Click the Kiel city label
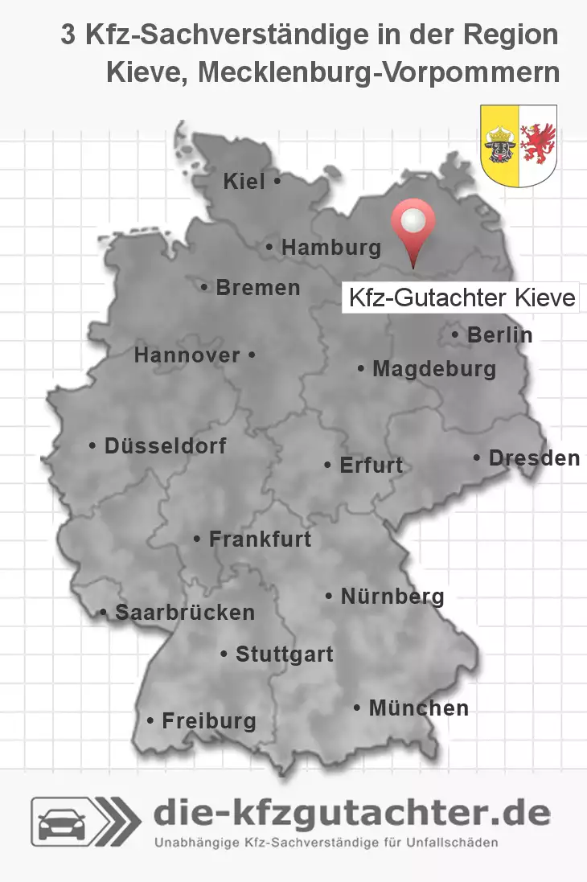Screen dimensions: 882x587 [x=244, y=183]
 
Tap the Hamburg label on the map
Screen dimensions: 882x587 [x=330, y=248]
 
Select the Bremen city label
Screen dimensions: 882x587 [x=257, y=288]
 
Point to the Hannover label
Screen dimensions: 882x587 [x=187, y=355]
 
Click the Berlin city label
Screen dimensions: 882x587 [x=499, y=335]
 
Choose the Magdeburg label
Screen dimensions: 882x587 [x=433, y=370]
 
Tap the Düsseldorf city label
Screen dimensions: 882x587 [x=165, y=445]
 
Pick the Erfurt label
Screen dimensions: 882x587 [x=371, y=466]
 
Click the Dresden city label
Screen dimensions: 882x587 [x=533, y=458]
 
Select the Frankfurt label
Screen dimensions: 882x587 [x=259, y=539]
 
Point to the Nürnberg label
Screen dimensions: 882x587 [x=392, y=597]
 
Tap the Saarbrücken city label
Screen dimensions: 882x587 [x=184, y=613]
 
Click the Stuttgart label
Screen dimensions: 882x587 [x=284, y=654]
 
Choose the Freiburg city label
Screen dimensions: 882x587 [x=208, y=721]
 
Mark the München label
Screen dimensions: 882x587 [x=418, y=708]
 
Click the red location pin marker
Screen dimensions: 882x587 [x=413, y=225]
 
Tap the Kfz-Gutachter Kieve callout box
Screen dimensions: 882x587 [x=462, y=298]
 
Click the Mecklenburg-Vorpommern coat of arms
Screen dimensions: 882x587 [x=518, y=146]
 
